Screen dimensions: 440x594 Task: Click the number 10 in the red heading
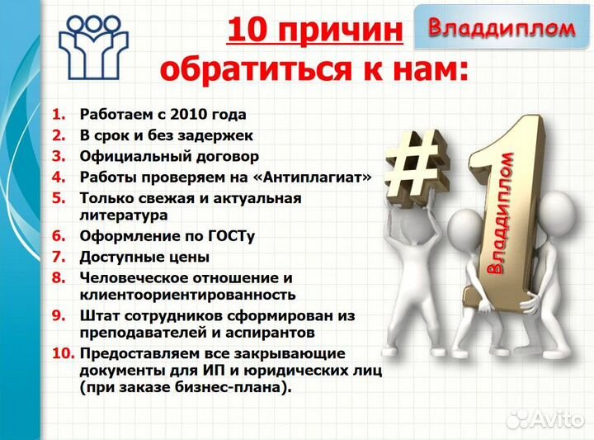tap(246, 31)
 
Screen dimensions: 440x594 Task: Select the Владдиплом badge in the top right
tap(501, 28)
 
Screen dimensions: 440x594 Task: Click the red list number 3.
tap(59, 156)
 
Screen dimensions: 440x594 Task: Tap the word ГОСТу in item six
tap(230, 236)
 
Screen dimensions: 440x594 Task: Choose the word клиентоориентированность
tap(187, 294)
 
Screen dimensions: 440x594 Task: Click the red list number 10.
tap(63, 352)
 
